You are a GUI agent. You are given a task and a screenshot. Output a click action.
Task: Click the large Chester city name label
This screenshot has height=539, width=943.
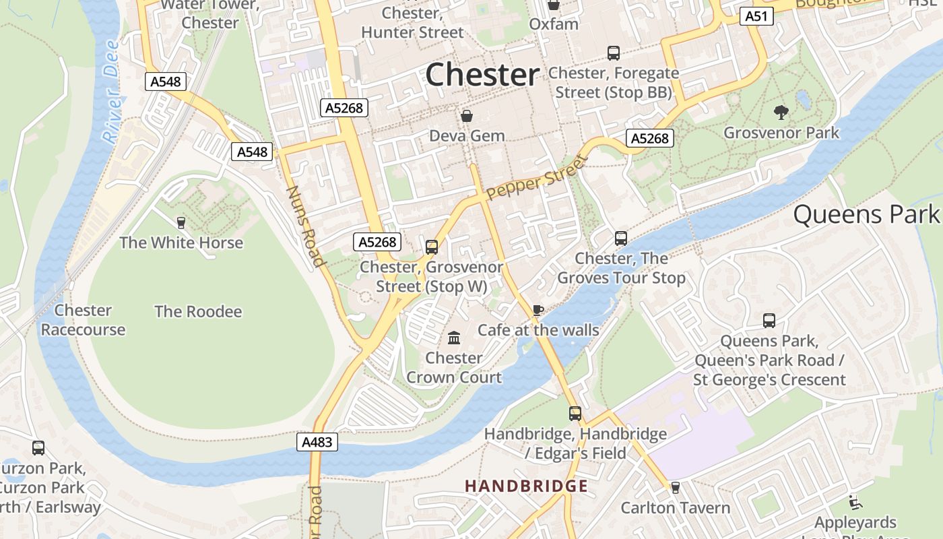click(482, 74)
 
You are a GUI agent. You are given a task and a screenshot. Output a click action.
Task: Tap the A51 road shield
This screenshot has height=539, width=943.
click(756, 16)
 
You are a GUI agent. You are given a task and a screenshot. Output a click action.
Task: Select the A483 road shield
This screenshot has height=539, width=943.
click(317, 442)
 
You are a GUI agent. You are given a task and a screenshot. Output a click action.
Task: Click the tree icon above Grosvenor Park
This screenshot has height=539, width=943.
click(781, 112)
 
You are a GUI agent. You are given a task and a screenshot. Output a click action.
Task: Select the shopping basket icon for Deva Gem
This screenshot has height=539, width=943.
click(467, 117)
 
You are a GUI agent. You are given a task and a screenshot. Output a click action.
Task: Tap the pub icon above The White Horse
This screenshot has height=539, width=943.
click(181, 222)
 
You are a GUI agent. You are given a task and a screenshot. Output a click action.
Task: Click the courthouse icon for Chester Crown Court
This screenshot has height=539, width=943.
click(454, 338)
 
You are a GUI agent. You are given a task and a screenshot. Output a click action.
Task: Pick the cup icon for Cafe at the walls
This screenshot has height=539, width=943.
click(538, 310)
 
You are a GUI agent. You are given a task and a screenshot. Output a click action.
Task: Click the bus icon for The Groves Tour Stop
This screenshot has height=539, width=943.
click(620, 239)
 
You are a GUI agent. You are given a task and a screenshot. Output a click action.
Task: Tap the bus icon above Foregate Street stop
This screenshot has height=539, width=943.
click(613, 53)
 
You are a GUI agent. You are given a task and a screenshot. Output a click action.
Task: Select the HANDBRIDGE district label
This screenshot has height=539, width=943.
click(526, 486)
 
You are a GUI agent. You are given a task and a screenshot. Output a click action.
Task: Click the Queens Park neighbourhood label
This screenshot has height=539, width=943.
click(866, 214)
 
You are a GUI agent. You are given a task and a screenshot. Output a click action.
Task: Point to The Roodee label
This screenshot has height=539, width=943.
click(197, 311)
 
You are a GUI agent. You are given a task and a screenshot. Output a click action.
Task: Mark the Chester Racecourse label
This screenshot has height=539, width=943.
click(83, 320)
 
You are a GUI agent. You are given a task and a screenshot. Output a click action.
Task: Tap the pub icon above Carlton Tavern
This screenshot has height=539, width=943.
click(675, 488)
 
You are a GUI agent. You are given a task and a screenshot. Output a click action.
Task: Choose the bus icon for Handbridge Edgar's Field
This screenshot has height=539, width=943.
click(575, 414)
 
